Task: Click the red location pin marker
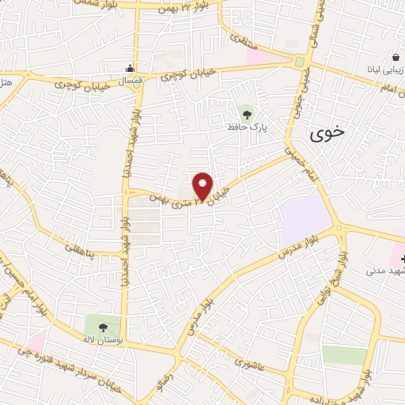coord(202,186)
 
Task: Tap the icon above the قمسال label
coord(131,68)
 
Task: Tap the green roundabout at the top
coord(301,62)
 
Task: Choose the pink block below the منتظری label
coord(255,57)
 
